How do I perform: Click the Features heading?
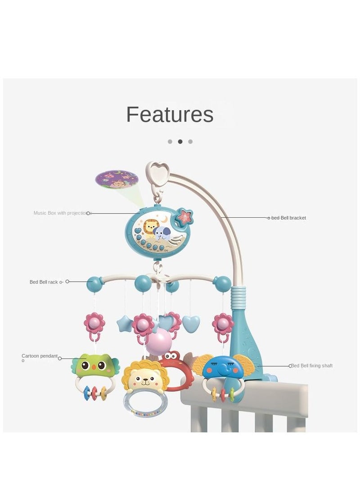pos(170,114)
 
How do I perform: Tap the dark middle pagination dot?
pos(180,141)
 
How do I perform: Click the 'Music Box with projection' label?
pos(60,213)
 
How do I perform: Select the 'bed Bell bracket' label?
pos(288,218)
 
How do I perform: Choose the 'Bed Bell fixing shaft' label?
pos(312,366)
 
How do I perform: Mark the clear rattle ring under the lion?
pos(146,403)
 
